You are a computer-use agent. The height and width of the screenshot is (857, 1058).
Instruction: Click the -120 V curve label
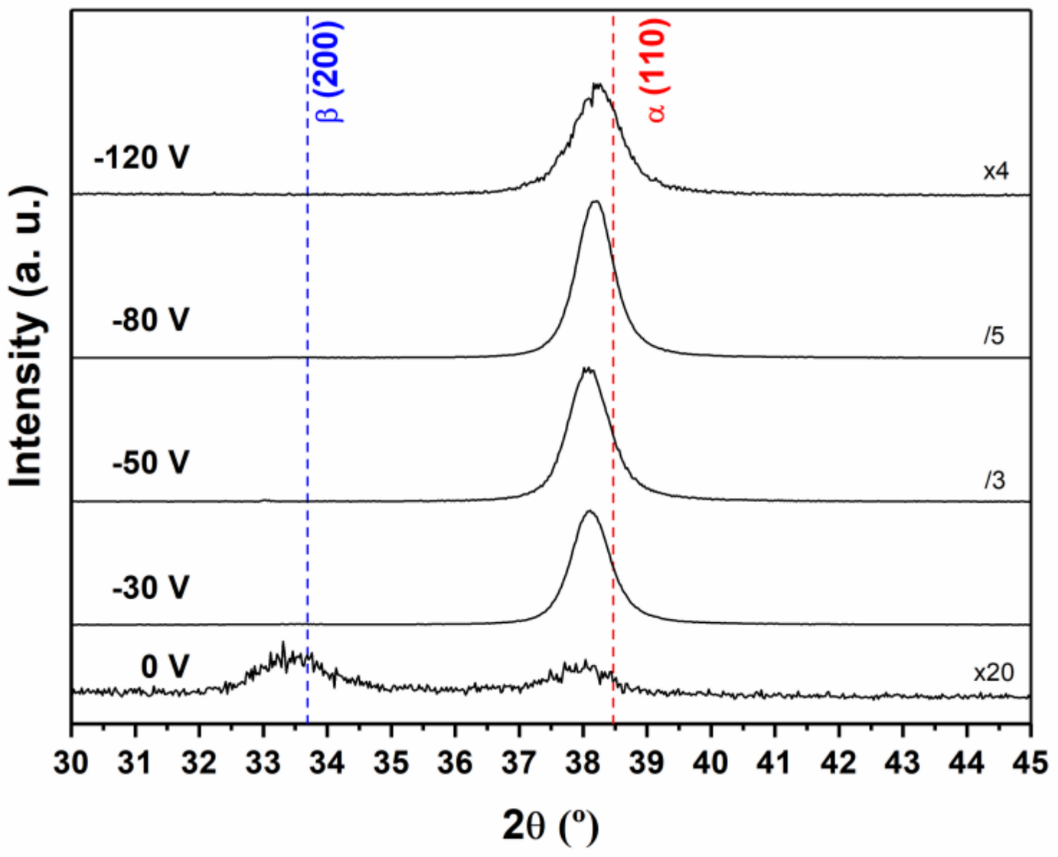142,158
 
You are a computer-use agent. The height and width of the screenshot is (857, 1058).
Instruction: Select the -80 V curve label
151,320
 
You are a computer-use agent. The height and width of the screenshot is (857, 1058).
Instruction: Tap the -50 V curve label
151,463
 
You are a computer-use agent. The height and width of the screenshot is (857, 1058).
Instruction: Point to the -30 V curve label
151,588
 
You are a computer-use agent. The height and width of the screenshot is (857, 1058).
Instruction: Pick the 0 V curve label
165,667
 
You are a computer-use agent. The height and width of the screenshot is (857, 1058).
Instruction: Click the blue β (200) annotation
330,71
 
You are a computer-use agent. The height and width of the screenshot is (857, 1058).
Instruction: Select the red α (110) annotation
656,70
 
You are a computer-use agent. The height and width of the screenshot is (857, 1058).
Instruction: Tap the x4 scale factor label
996,171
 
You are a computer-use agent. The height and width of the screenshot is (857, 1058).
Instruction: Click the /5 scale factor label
994,336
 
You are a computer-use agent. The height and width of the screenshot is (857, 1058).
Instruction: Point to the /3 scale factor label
994,481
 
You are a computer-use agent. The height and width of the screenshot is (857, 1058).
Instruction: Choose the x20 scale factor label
994,673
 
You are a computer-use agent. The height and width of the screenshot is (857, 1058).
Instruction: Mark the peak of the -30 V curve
589,510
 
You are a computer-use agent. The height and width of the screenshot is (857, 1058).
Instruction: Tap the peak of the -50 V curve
588,368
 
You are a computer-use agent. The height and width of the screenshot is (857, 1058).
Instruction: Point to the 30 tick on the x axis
71,762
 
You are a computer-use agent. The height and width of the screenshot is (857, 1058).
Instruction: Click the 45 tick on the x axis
1030,762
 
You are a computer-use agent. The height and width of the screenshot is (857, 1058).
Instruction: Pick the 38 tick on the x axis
583,762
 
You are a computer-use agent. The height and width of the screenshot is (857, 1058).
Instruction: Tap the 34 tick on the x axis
327,762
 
